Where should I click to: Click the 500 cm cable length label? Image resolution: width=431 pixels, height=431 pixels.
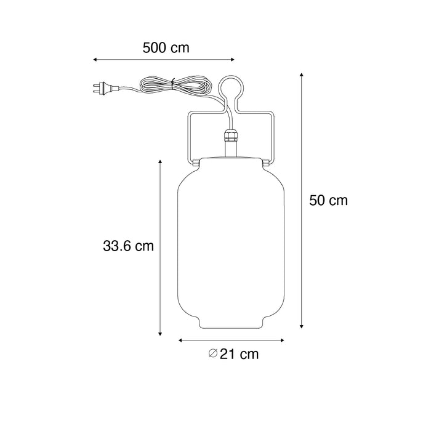pos(165,47)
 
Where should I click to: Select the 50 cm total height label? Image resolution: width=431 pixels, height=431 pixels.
pos(328,201)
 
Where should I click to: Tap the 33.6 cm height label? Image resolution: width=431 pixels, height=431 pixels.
pos(128,246)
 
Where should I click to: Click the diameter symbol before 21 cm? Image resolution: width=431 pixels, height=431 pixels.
pos(212,354)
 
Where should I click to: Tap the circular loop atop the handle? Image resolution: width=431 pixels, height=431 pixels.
pos(231,89)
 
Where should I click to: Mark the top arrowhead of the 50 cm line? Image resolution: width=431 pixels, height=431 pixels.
pos(302,75)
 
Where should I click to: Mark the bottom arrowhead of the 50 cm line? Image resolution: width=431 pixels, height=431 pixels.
pos(302,326)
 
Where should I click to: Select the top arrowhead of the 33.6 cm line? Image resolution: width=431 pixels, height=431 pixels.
pos(160,161)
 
